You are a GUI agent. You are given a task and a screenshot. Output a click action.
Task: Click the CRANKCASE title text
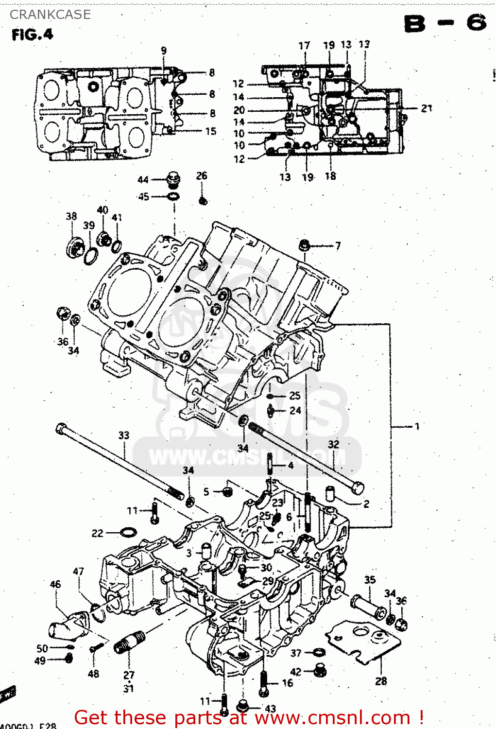coord(50,15)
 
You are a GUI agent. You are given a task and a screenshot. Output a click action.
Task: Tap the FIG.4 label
coord(32,35)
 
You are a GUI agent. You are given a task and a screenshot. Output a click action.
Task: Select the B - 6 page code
coord(445,23)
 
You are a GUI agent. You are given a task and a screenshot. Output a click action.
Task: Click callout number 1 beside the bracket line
coord(417,426)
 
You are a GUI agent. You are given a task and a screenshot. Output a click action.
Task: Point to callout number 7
coord(338,246)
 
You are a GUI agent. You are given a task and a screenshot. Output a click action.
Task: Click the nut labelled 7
coord(305,245)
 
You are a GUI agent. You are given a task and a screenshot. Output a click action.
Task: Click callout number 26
coord(202,175)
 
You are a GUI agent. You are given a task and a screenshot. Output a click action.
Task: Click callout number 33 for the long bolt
coord(124,435)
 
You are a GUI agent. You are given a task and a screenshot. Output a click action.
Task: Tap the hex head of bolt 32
coord(357,487)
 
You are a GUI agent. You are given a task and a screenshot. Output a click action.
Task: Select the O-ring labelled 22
coord(128,533)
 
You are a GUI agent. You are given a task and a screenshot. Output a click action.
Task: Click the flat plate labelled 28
coord(364,642)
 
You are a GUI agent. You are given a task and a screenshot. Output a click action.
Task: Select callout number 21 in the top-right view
coord(426,108)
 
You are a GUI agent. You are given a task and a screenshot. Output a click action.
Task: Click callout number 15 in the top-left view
coord(210,131)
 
